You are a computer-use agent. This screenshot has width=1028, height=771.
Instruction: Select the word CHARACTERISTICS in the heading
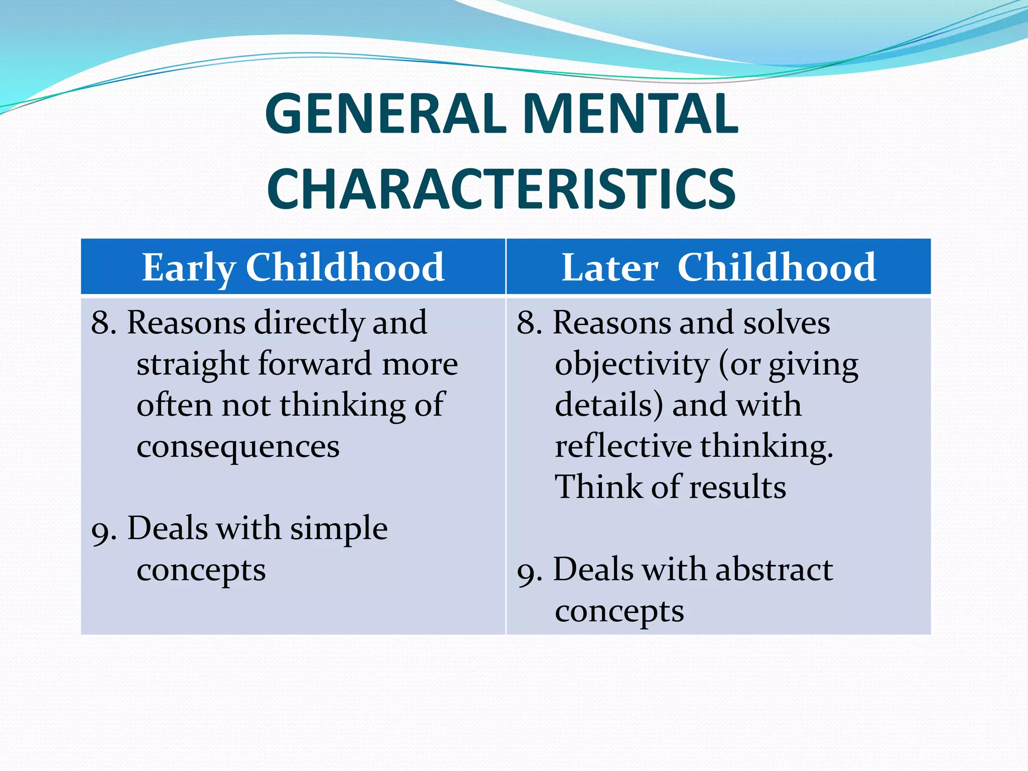(x=501, y=189)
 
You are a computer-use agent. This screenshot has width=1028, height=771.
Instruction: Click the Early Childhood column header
(x=293, y=267)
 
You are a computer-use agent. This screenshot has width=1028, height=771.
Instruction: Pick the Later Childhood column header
(x=718, y=267)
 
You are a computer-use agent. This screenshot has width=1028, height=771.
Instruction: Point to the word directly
(x=309, y=323)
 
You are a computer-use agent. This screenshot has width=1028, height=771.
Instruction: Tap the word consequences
(x=238, y=446)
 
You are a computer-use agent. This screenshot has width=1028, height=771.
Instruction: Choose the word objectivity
(x=632, y=364)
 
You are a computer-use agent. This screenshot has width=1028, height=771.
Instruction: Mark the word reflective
(x=623, y=446)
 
